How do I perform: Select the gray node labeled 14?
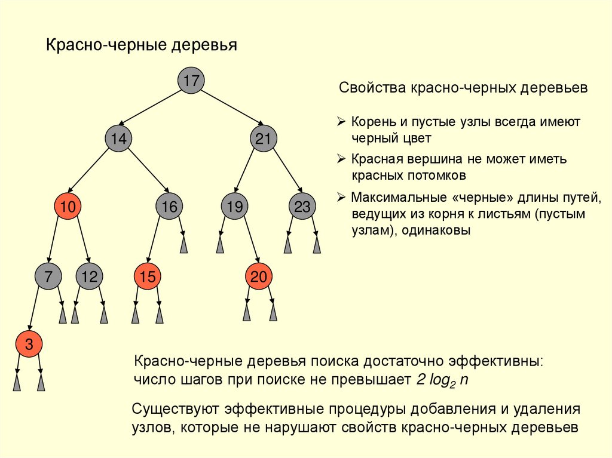pyautogui.click(x=118, y=140)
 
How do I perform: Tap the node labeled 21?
pyautogui.click(x=264, y=140)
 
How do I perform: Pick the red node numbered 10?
pyautogui.click(x=68, y=207)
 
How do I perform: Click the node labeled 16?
pyautogui.click(x=170, y=207)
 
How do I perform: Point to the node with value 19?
pyautogui.click(x=235, y=207)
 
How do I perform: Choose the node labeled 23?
pyautogui.click(x=302, y=207)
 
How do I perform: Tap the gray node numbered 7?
pyautogui.click(x=48, y=276)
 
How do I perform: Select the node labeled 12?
pyautogui.click(x=89, y=276)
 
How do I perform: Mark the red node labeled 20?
pyautogui.click(x=259, y=276)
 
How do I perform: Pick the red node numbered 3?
pyautogui.click(x=28, y=344)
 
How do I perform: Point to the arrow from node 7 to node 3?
pyautogui.click(x=35, y=310)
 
